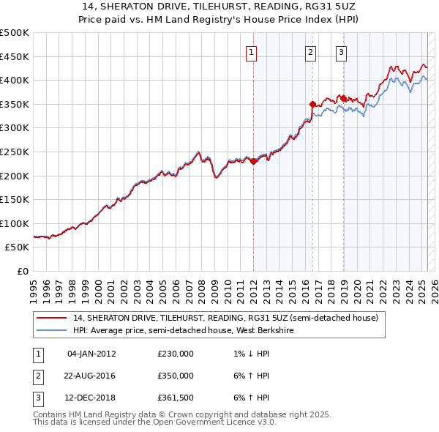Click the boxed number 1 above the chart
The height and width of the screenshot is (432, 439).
coord(251,51)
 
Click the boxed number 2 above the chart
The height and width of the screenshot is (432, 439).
coord(311,51)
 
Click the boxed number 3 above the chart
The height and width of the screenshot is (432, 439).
coord(341,51)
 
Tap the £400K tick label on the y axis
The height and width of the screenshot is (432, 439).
coord(15,80)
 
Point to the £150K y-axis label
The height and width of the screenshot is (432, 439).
coord(15,199)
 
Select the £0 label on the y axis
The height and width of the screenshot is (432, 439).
coord(23,271)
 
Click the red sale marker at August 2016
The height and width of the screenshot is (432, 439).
coord(312,104)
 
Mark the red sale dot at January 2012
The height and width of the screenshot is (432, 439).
coord(253,161)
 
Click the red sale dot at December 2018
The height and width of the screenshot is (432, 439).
coord(342,98)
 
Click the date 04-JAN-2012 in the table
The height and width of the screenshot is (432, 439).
coord(91,354)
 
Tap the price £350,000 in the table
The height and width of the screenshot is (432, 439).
coord(176,376)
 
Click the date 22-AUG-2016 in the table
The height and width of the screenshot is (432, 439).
coord(91,376)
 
